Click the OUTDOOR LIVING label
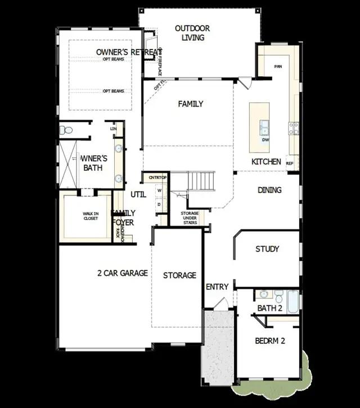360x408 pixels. click(x=193, y=33)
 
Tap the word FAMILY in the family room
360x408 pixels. click(x=191, y=104)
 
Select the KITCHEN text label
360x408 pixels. click(x=266, y=162)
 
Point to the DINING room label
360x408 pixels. click(x=270, y=190)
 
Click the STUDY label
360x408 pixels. click(x=267, y=249)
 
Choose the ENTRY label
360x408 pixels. click(x=217, y=287)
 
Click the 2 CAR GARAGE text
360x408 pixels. click(x=123, y=273)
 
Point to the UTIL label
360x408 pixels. click(x=138, y=194)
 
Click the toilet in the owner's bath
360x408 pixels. click(x=67, y=130)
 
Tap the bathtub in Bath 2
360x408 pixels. click(x=294, y=302)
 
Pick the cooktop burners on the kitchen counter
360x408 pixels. click(x=294, y=129)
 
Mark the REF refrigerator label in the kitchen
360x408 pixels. click(x=290, y=164)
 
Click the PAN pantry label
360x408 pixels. click(x=277, y=66)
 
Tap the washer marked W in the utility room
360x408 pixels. click(x=159, y=191)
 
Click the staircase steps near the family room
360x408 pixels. click(x=201, y=182)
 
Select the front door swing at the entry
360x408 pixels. click(x=220, y=304)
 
